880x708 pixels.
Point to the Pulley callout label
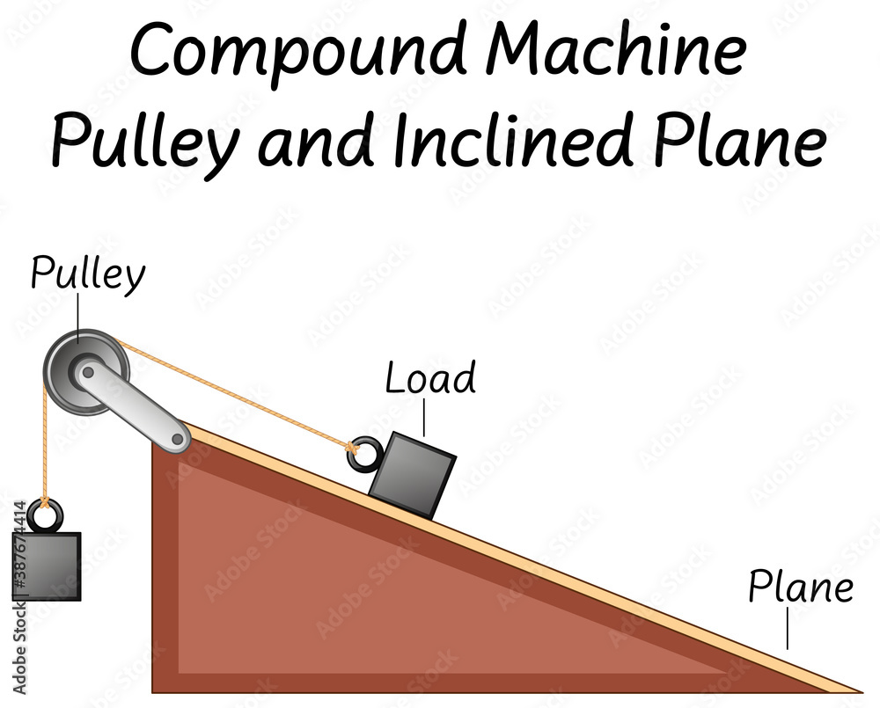pos(87,274)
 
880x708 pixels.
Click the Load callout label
pos(430,378)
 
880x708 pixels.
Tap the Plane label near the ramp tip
pos(800,588)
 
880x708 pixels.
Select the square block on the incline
pos(412,475)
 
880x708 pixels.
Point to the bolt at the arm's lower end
pos(180,437)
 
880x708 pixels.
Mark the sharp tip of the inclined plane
pos(858,690)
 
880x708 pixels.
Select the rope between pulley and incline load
pos(238,393)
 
